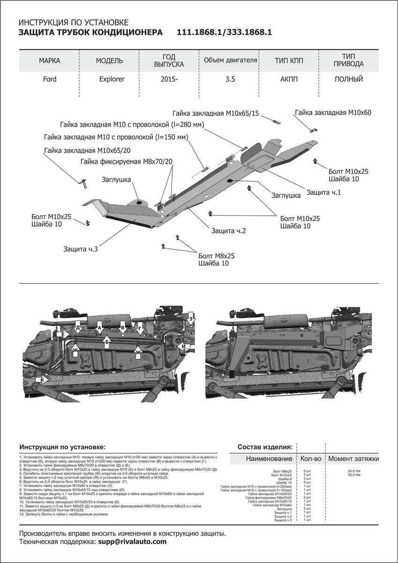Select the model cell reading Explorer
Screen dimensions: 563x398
coord(112,79)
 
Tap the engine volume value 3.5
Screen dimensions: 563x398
coord(229,79)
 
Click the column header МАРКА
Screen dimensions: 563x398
coord(50,61)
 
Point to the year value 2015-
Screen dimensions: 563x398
coord(169,79)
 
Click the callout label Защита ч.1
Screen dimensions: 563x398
coord(323,192)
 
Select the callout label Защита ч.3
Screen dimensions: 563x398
coord(81,249)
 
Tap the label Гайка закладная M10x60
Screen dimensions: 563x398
coord(333,113)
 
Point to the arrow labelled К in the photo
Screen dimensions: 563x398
coord(43,379)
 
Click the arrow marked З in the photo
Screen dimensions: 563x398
coord(191,320)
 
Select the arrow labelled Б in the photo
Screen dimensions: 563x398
coord(107,342)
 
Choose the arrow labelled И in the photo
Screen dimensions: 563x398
coord(184,347)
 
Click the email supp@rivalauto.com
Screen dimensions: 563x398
coord(132,541)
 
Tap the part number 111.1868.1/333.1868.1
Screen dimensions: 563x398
coord(225,32)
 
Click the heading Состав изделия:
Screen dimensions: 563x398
coord(265,446)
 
